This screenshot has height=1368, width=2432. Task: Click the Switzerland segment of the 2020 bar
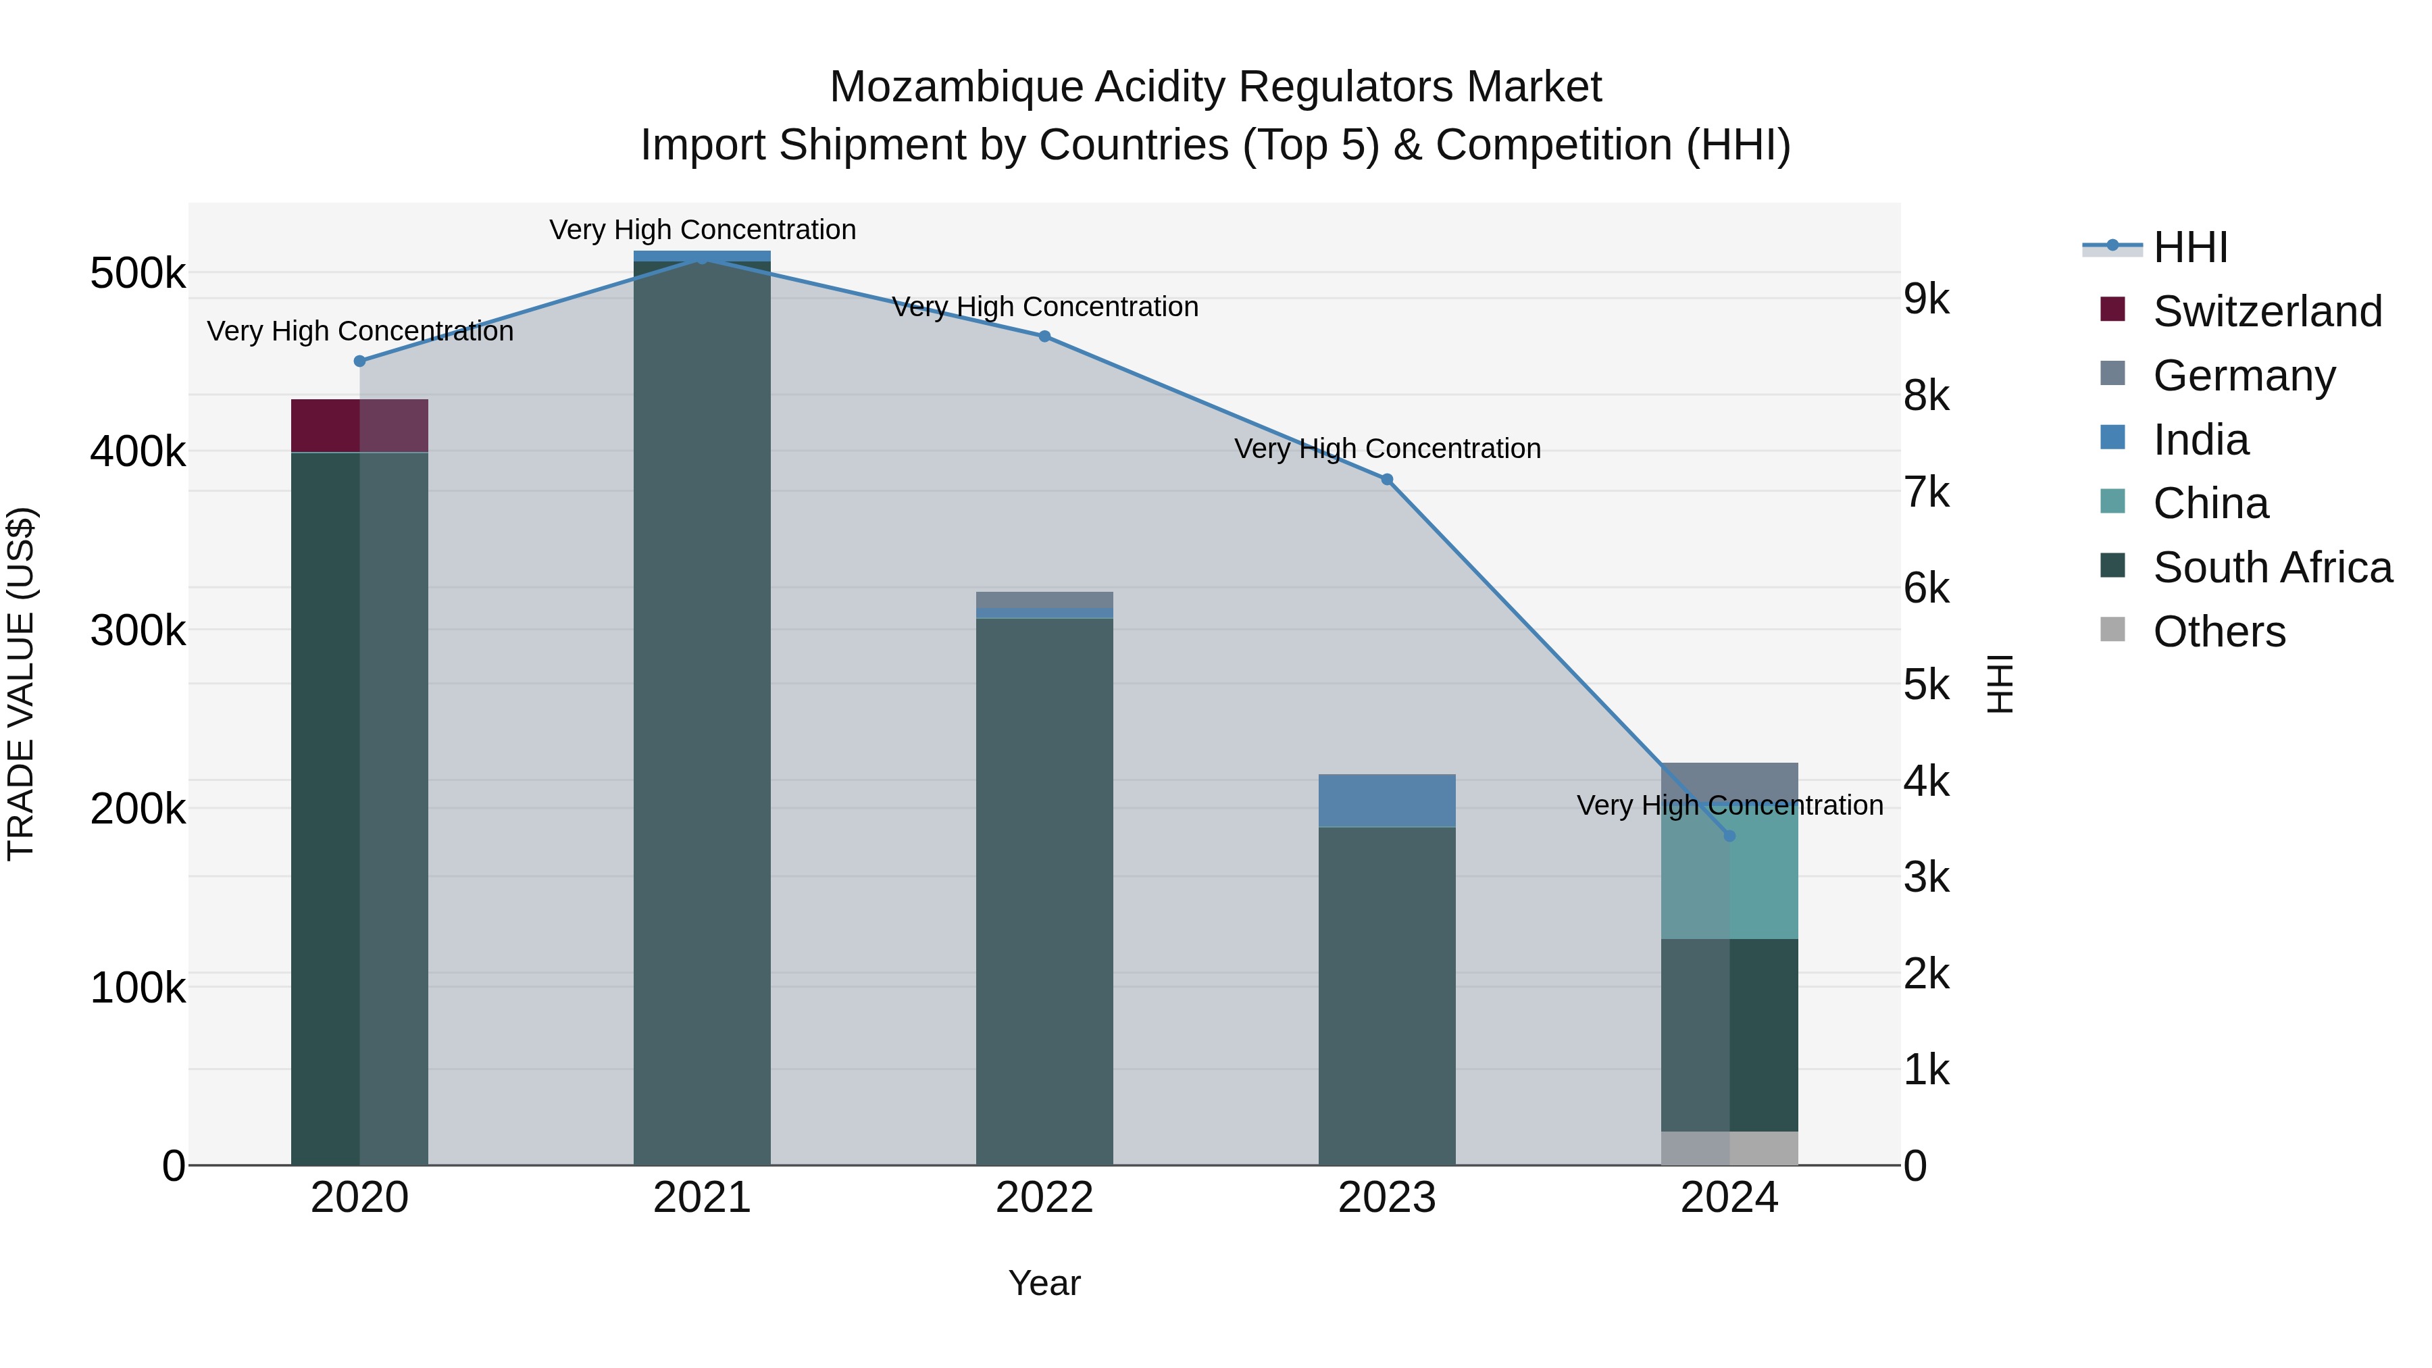click(359, 425)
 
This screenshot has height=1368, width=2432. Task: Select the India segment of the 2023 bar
click(1386, 800)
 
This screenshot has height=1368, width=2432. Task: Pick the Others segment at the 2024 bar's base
click(1729, 1147)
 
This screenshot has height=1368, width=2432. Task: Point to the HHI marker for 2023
click(1387, 480)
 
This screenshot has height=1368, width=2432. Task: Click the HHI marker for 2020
click(359, 361)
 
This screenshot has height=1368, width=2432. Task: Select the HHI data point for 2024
click(1729, 836)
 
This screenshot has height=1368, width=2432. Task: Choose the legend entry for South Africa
click(2271, 567)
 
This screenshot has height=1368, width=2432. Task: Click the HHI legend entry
click(2189, 247)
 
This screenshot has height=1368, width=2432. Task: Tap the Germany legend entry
click(2243, 375)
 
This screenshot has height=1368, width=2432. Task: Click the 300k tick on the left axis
click(138, 631)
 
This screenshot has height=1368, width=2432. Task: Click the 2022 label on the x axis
click(1044, 1198)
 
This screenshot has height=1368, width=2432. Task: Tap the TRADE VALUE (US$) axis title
click(21, 684)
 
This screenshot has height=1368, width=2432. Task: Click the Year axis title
click(1044, 1283)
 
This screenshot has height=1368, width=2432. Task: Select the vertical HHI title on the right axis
click(2000, 684)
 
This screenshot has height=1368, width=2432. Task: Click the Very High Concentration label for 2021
click(703, 230)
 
